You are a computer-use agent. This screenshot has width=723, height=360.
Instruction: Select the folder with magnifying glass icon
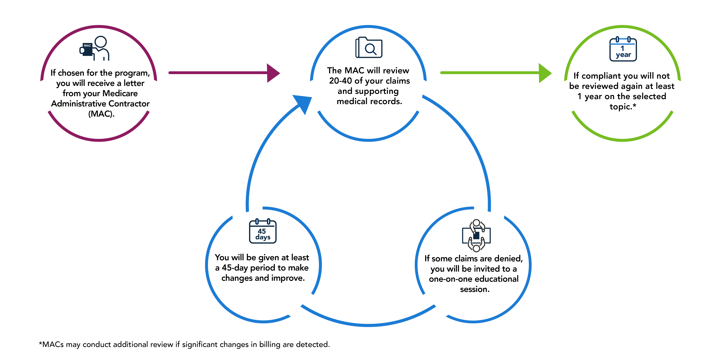[369, 48]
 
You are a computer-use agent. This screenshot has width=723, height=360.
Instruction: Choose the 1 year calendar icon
[623, 49]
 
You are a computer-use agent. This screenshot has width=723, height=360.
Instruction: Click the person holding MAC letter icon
[95, 48]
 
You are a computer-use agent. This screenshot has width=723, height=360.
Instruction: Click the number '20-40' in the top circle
[340, 81]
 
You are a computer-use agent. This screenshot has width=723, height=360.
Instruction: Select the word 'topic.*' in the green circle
[623, 107]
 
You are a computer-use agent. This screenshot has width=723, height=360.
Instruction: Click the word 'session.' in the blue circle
[475, 289]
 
